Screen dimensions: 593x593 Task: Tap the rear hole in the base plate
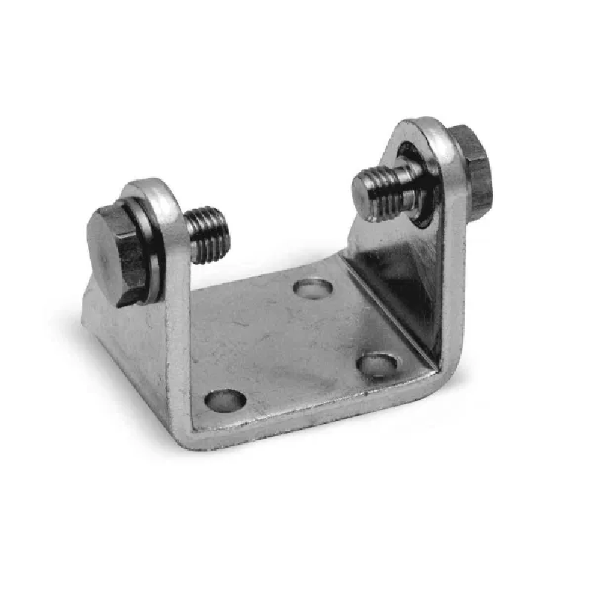[312, 287]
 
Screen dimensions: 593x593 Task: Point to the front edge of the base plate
[311, 419]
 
